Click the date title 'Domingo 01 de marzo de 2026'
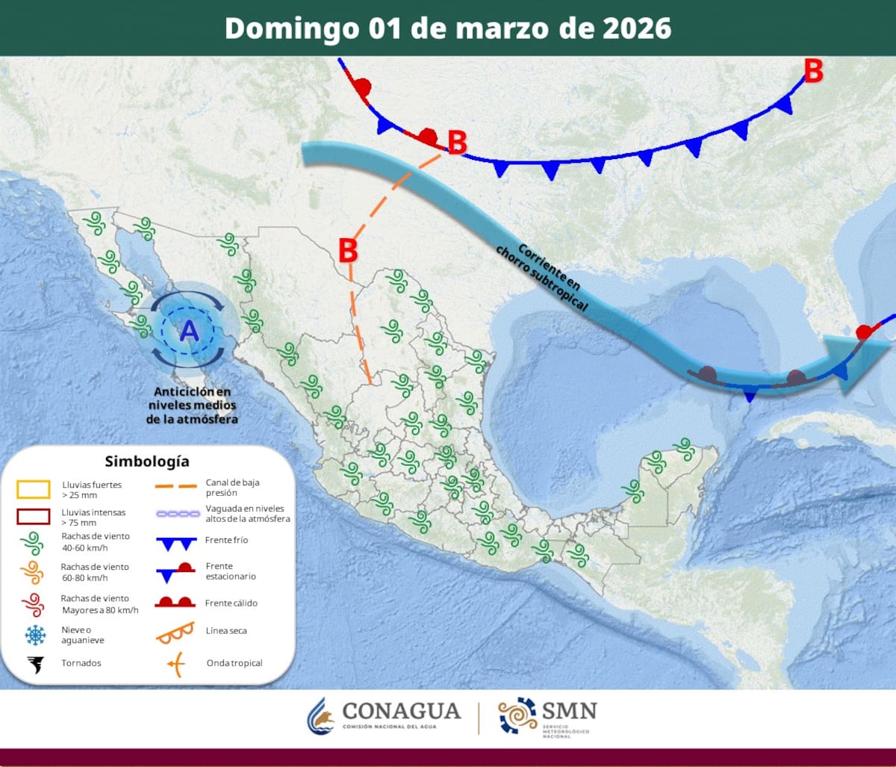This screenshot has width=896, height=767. (448, 28)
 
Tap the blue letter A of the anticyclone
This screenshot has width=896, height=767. (190, 329)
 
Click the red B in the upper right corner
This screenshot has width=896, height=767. (813, 72)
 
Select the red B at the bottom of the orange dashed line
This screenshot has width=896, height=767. (348, 250)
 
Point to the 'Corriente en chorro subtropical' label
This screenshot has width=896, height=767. (544, 276)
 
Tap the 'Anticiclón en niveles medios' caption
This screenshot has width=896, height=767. (192, 406)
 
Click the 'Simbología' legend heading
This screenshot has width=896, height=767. (147, 461)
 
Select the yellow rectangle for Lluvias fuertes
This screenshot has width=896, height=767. (34, 489)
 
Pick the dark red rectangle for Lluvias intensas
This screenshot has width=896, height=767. (34, 518)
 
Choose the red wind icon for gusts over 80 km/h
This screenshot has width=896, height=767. (33, 603)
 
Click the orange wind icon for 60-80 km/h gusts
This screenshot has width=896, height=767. (33, 572)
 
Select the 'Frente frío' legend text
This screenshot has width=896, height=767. (226, 540)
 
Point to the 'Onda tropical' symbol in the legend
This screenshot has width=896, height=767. (177, 663)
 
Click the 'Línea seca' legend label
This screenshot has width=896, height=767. (226, 631)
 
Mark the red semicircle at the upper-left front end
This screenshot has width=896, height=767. (363, 86)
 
